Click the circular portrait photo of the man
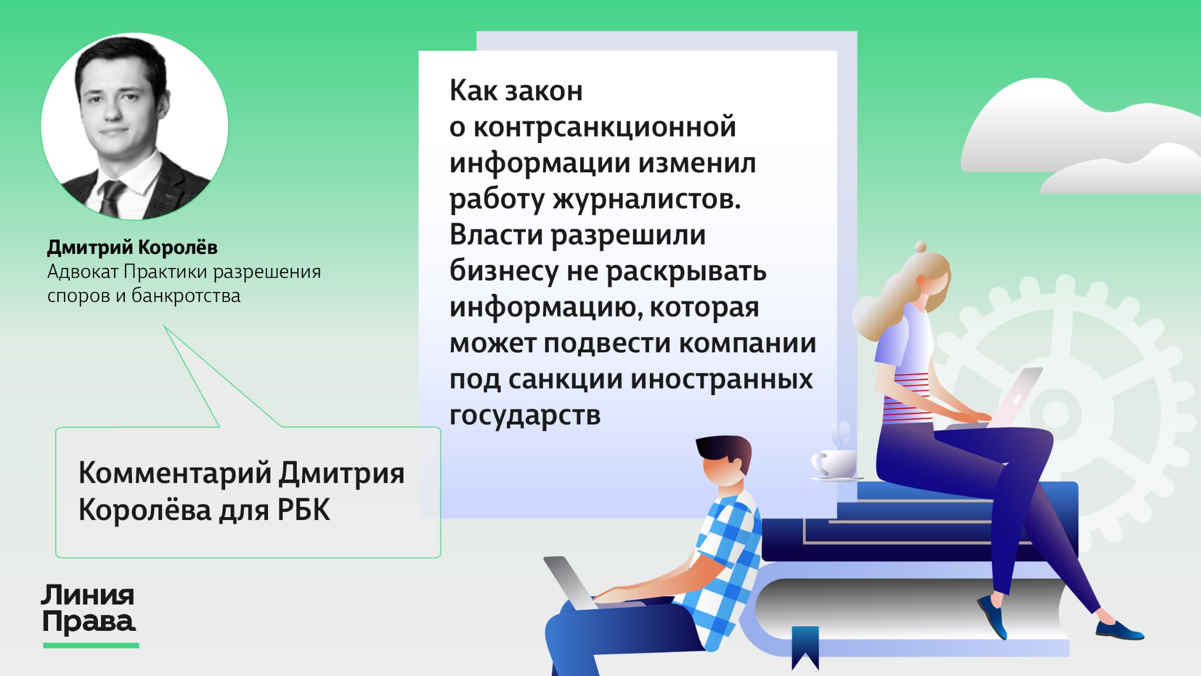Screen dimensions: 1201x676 (x=134, y=126)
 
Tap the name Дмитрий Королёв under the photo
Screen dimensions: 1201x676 (x=132, y=247)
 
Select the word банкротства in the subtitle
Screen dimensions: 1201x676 (x=185, y=295)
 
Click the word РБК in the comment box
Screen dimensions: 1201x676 (x=304, y=509)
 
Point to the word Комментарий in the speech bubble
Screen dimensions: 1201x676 (x=175, y=473)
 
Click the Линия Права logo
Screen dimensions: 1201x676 (x=89, y=609)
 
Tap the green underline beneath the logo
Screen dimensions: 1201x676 (x=91, y=646)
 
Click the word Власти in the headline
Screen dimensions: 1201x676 (x=496, y=235)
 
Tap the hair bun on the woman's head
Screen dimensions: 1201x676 (x=921, y=247)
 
